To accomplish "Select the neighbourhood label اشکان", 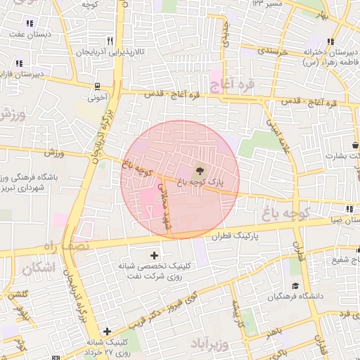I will [x=37, y=268].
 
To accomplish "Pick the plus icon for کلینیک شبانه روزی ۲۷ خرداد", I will [x=106, y=331].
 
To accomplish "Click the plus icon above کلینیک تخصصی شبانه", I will [x=154, y=254].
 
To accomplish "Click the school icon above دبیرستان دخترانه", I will [x=330, y=42].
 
